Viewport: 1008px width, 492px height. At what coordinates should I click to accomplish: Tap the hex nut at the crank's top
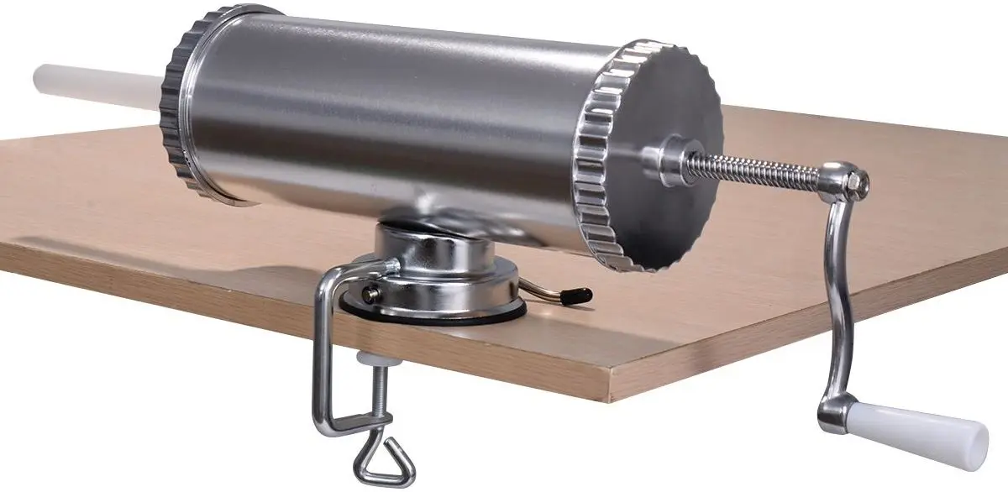tap(857, 180)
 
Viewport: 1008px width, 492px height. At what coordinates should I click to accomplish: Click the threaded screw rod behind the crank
tap(756, 170)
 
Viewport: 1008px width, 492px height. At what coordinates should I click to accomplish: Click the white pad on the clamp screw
tap(369, 359)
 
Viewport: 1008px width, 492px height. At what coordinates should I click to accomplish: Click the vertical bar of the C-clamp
tap(323, 353)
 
